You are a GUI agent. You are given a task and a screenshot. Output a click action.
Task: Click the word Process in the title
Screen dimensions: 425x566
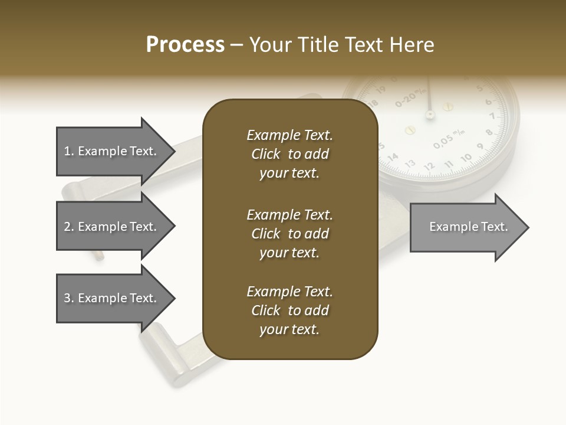(185, 45)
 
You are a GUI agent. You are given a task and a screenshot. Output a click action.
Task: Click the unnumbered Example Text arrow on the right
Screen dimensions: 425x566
(468, 227)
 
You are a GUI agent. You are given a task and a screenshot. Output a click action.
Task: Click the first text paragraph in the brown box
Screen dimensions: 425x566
(289, 154)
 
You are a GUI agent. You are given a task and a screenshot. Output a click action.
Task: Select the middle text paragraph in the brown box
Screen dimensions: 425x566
(289, 234)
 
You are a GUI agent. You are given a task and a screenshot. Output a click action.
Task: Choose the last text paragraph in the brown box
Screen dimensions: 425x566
(289, 310)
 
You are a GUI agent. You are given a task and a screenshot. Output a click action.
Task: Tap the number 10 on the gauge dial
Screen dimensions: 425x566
(466, 158)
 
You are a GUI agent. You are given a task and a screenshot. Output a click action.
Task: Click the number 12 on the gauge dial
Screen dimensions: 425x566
(429, 166)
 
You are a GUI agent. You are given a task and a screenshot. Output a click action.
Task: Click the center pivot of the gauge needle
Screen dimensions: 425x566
(430, 113)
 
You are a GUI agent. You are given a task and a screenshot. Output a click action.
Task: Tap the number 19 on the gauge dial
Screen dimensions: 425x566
(380, 90)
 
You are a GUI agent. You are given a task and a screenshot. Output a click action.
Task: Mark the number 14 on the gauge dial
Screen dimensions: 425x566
(393, 157)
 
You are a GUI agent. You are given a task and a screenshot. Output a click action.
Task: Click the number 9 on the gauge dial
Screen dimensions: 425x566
(481, 147)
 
